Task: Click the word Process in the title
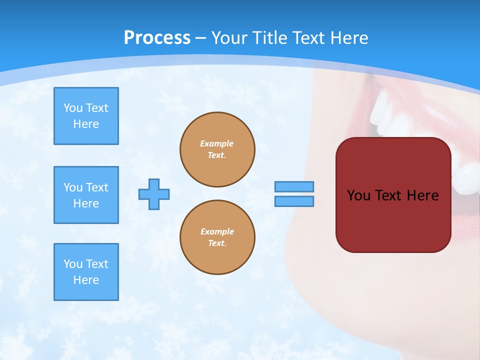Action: (157, 37)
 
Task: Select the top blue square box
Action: (86, 116)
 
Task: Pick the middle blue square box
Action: (86, 195)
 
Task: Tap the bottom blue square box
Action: (86, 272)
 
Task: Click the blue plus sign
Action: (154, 194)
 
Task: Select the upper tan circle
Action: (217, 149)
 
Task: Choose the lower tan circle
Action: (217, 237)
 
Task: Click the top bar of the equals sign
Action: (294, 186)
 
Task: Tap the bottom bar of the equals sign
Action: (294, 201)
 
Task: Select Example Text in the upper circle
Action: (217, 149)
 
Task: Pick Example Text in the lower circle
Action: (217, 237)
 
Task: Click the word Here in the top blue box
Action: (86, 124)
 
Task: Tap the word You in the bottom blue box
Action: (73, 264)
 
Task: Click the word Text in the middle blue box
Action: (96, 187)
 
